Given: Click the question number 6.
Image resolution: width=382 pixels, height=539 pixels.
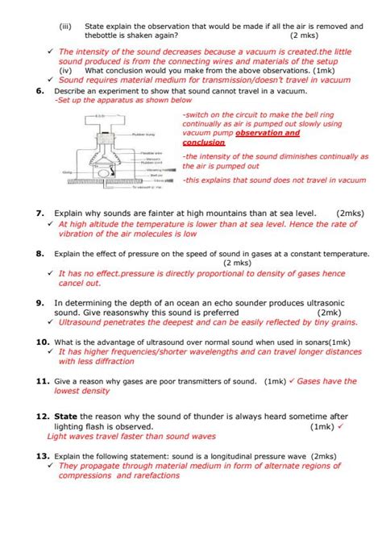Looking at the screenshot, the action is point(39,91).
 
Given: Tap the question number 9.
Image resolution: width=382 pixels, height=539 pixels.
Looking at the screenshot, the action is point(39,302).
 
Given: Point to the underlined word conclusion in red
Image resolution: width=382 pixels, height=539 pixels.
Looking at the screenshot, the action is point(204,142).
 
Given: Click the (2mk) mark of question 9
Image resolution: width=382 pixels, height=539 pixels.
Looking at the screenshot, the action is point(330,312).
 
